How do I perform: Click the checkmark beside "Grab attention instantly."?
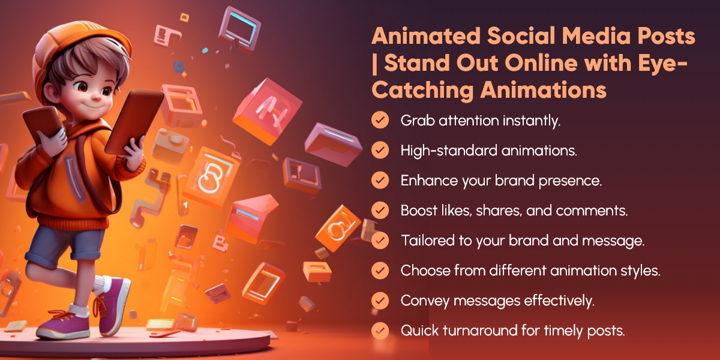tap(379, 121)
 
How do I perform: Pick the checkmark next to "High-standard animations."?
tap(379, 151)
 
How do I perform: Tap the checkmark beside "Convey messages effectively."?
tap(379, 301)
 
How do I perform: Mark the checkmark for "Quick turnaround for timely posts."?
tap(379, 331)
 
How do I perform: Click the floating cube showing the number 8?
tap(211, 174)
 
